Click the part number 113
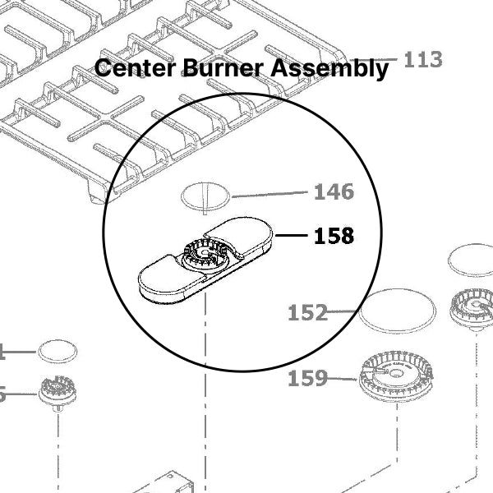[423, 59]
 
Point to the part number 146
[334, 192]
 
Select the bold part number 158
[334, 237]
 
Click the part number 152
[307, 313]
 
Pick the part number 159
[307, 379]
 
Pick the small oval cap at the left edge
[58, 350]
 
